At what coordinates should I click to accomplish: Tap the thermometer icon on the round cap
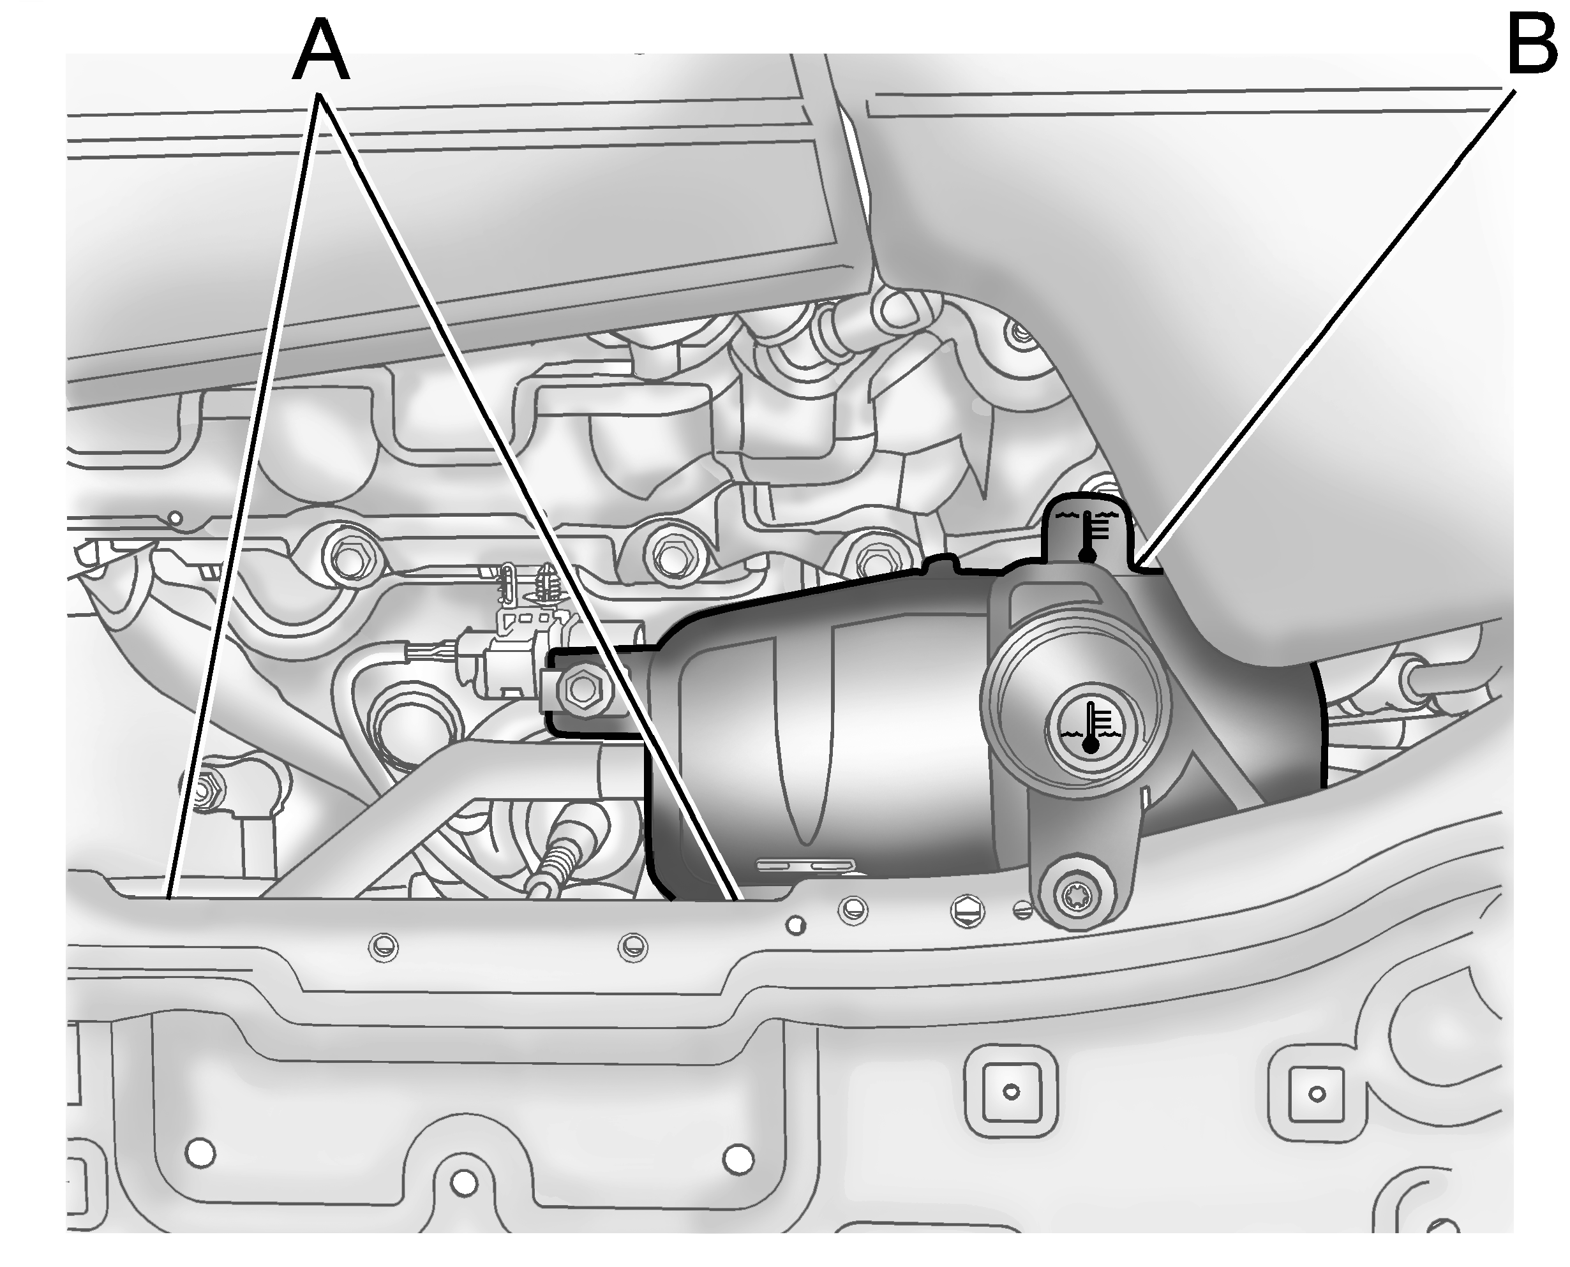[x=1090, y=727]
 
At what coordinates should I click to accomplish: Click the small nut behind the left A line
[x=207, y=789]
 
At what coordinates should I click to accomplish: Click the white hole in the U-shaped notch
[x=463, y=1182]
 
